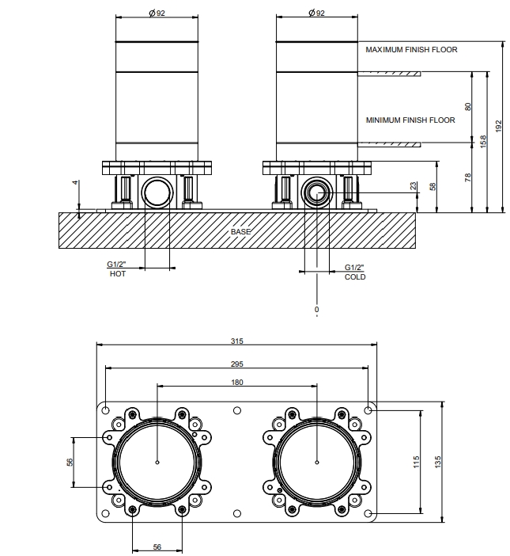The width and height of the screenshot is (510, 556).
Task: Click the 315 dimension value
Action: [236, 341]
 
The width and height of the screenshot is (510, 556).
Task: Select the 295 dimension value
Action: [236, 364]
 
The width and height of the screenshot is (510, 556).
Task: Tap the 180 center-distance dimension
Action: [237, 382]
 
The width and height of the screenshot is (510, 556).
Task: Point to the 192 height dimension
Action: [499, 126]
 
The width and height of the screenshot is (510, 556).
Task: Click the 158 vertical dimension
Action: [483, 142]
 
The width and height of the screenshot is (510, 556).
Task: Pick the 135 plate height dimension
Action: [438, 462]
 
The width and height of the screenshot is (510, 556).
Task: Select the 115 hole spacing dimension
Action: [416, 462]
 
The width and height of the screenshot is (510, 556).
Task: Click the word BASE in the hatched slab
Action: [240, 231]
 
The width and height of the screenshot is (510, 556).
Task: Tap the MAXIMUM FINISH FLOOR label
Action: [411, 50]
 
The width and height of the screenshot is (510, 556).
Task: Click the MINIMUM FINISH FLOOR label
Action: [410, 120]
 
